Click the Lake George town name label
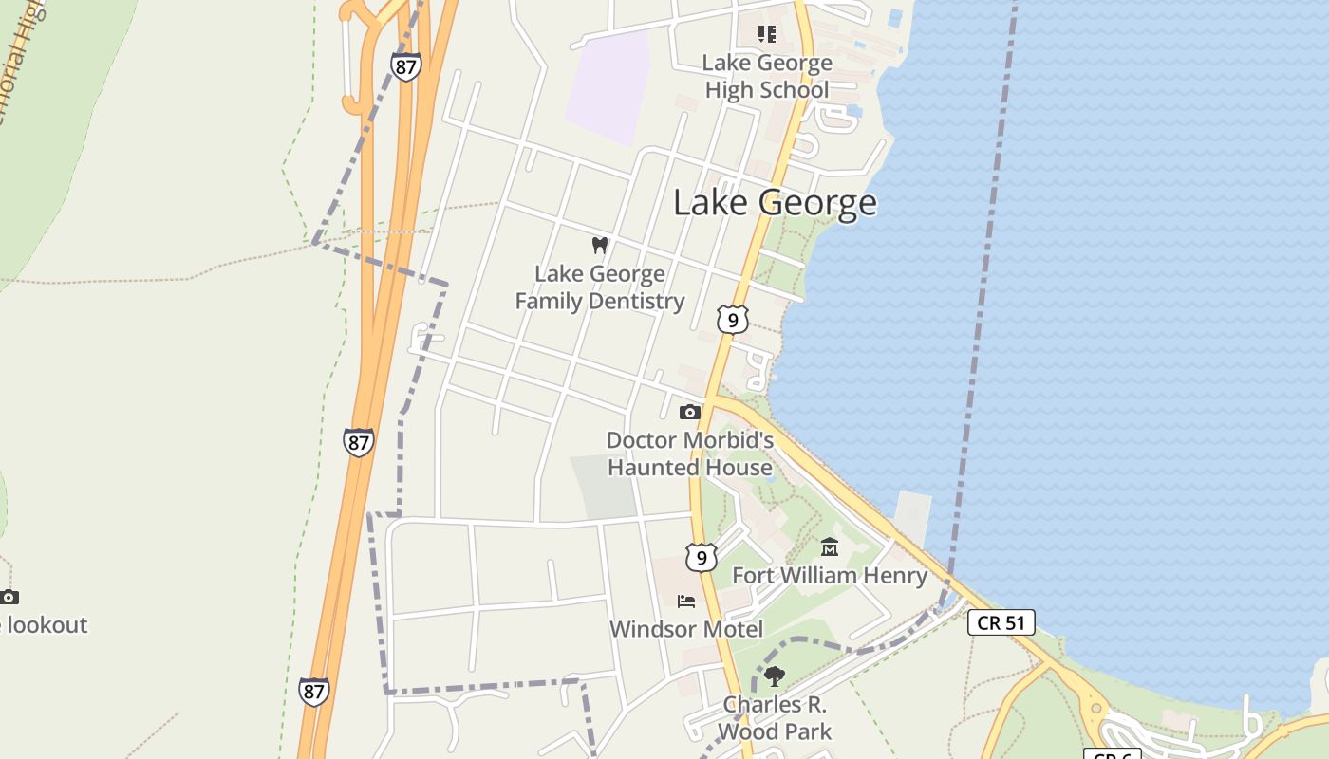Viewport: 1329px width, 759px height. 775,203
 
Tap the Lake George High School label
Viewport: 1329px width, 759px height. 766,77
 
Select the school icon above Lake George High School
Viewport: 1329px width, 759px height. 766,35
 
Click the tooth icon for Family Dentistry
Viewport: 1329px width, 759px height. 599,245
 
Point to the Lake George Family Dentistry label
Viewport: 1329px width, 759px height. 599,287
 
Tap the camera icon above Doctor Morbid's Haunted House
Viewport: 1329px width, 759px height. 690,412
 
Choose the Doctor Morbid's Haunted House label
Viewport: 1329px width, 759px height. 690,454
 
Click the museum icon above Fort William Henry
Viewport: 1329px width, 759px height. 830,546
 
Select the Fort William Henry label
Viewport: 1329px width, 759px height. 830,575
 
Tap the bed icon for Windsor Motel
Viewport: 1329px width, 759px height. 686,601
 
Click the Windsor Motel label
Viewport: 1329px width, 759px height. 686,629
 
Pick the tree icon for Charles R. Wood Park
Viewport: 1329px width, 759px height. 775,676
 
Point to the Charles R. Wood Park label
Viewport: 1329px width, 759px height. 775,718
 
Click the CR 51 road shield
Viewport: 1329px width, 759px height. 1001,622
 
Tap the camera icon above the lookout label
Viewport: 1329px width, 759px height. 9,597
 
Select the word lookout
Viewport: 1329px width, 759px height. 47,625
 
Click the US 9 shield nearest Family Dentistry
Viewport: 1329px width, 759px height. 732,320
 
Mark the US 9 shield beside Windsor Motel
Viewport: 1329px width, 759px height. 701,558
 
